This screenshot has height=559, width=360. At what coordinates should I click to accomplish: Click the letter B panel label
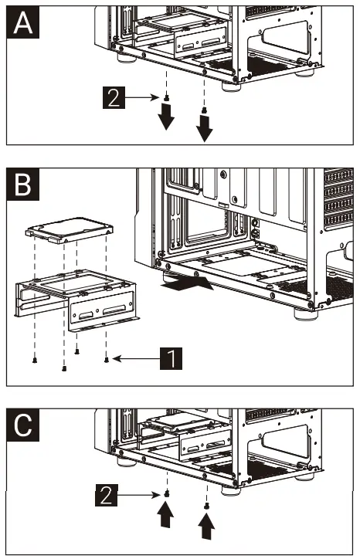tap(23, 185)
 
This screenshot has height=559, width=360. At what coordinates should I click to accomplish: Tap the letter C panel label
tap(23, 425)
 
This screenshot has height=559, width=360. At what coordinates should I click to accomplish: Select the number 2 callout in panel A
tap(114, 97)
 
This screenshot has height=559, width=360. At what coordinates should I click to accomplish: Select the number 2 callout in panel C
tap(107, 494)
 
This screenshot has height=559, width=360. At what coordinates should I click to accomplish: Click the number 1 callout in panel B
tap(172, 358)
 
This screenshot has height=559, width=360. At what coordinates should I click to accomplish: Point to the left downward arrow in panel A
tap(166, 117)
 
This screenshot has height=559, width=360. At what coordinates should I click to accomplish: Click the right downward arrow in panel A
tap(205, 127)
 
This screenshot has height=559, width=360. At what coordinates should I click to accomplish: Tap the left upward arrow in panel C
tap(165, 514)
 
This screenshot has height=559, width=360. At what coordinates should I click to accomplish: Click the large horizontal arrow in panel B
tap(187, 283)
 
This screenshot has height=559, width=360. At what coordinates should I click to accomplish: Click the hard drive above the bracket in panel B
tap(70, 230)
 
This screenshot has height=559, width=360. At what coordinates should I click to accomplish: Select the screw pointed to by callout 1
tap(107, 360)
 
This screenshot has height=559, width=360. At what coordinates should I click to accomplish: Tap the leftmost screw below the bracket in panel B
tap(35, 360)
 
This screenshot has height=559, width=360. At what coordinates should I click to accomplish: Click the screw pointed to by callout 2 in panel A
tap(166, 98)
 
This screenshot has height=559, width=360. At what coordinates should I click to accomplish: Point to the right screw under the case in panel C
tap(206, 506)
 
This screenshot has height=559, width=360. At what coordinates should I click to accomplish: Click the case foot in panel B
tap(305, 314)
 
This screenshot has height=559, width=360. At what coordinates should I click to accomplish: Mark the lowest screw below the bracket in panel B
tap(64, 368)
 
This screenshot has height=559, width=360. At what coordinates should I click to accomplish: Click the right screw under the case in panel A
tap(204, 110)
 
